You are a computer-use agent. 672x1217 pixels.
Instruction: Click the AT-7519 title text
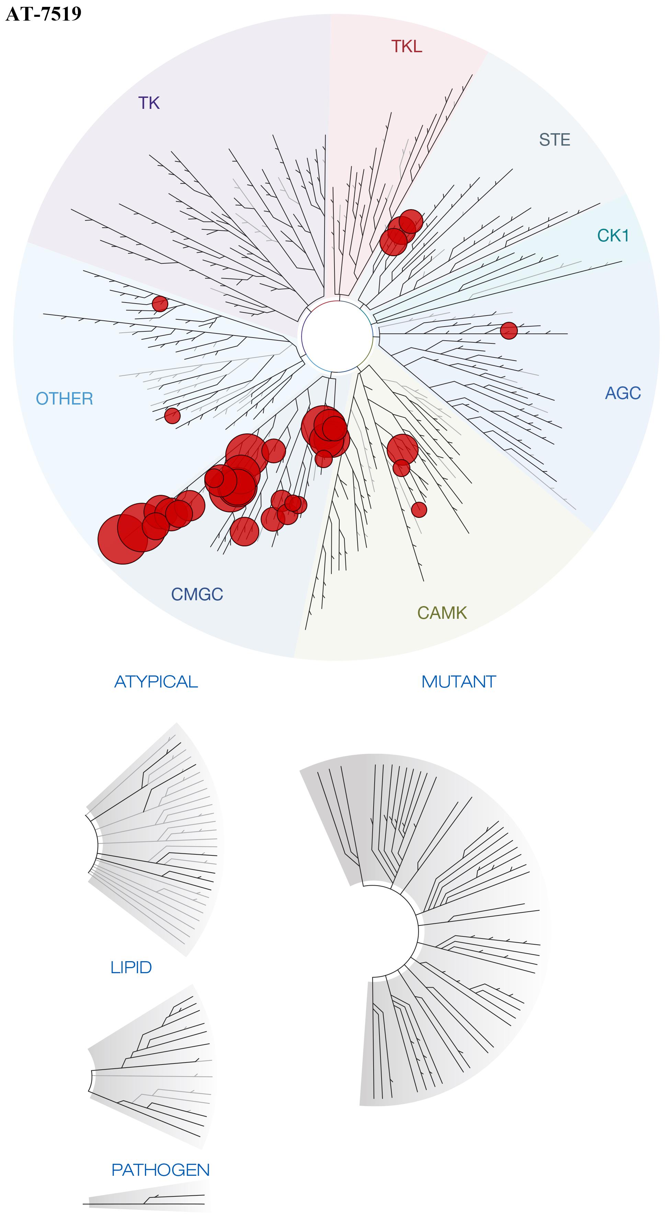click(x=44, y=14)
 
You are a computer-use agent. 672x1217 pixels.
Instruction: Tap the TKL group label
click(x=407, y=46)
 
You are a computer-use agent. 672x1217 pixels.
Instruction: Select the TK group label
click(x=149, y=103)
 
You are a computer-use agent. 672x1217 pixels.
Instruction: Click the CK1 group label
click(x=613, y=235)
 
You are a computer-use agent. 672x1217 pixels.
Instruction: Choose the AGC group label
click(x=623, y=393)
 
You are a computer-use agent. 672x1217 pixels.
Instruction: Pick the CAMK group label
click(x=442, y=613)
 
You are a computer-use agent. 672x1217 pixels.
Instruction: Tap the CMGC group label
click(x=197, y=594)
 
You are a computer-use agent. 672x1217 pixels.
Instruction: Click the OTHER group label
click(x=65, y=399)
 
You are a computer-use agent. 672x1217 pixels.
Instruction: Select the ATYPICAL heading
click(x=156, y=682)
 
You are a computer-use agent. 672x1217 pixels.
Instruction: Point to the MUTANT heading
click(x=458, y=682)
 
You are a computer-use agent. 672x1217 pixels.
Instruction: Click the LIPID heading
click(x=131, y=968)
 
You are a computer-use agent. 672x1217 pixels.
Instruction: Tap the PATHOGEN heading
click(x=160, y=1170)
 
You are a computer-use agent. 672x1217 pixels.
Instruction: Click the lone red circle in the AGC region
click(x=509, y=331)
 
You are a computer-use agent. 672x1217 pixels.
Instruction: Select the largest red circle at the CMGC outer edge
click(x=122, y=539)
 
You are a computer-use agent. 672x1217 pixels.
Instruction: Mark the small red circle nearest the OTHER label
click(x=172, y=416)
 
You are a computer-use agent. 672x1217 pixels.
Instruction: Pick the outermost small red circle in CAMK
click(x=419, y=509)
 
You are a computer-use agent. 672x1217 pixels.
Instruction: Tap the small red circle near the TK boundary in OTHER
click(x=160, y=303)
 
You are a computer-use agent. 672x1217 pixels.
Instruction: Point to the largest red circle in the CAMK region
click(x=403, y=449)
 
